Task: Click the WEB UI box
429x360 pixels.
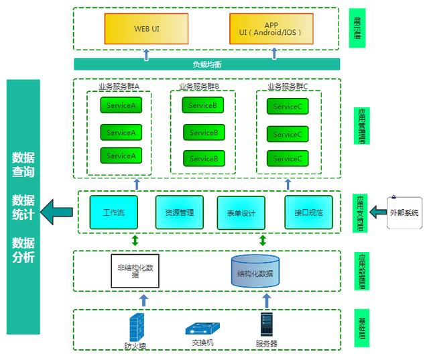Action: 146,29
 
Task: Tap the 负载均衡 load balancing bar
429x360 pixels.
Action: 206,64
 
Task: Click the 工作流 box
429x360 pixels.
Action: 113,213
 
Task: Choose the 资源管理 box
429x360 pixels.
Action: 179,213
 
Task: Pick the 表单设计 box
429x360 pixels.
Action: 237,213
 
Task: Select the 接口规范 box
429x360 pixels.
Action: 308,213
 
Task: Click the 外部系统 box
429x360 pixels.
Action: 404,213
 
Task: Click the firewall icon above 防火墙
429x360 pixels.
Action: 135,326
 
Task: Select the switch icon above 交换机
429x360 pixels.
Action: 202,329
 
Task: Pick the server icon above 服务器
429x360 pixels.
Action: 266,325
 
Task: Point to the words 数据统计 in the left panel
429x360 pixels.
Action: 23,208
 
